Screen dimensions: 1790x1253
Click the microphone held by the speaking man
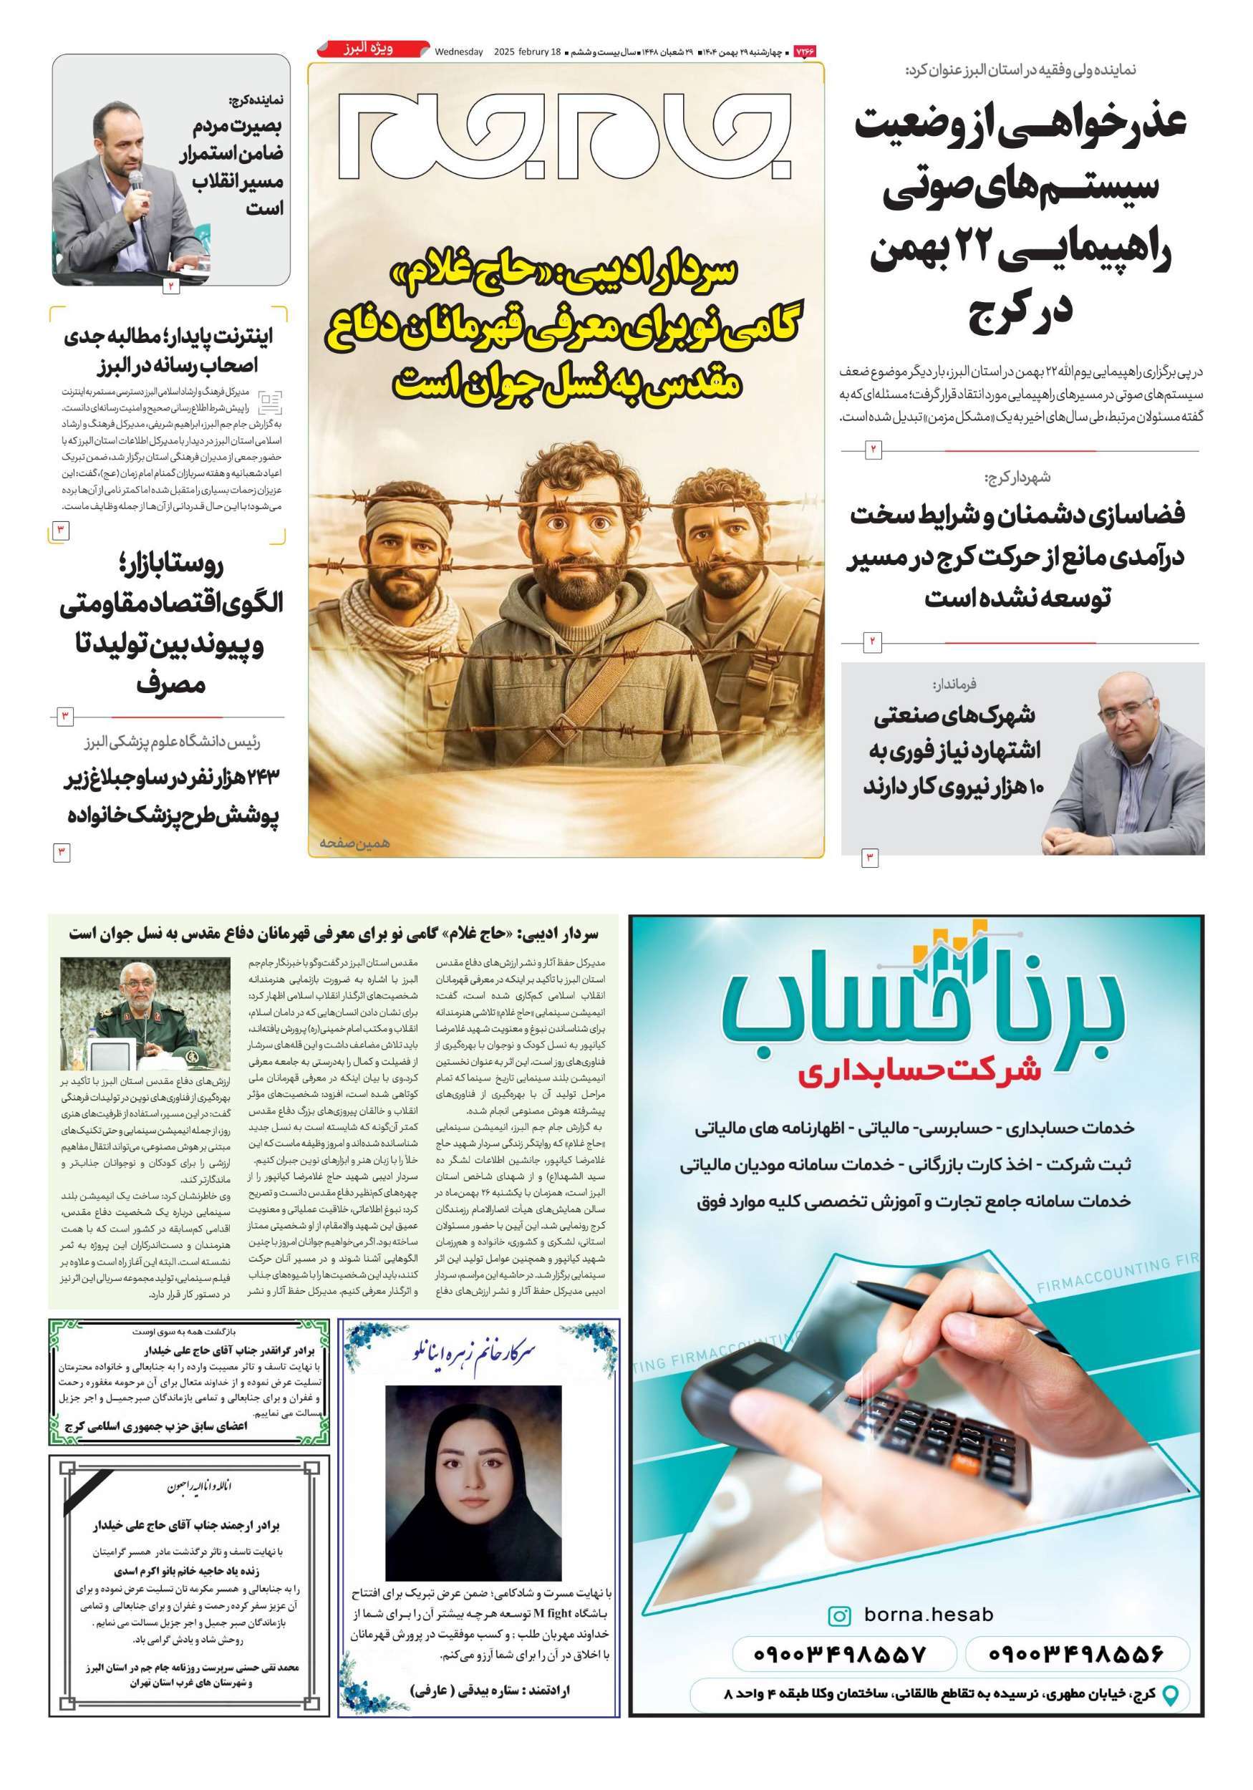tap(135, 183)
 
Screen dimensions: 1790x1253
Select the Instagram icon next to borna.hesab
tap(839, 1615)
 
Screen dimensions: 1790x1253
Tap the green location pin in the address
tap(1169, 1693)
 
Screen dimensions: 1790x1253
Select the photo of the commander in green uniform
tap(146, 1012)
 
